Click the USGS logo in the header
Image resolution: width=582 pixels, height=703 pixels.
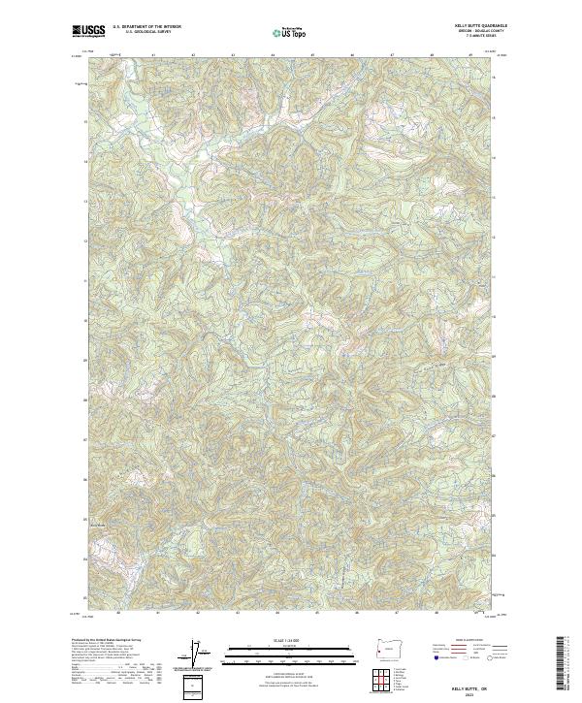pyautogui.click(x=89, y=31)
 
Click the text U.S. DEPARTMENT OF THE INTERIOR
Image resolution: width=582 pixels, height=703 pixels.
pyautogui.click(x=146, y=27)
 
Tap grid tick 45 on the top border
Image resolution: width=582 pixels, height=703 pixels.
pyautogui.click(x=313, y=54)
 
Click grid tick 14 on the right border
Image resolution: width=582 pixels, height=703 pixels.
pyautogui.click(x=495, y=162)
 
